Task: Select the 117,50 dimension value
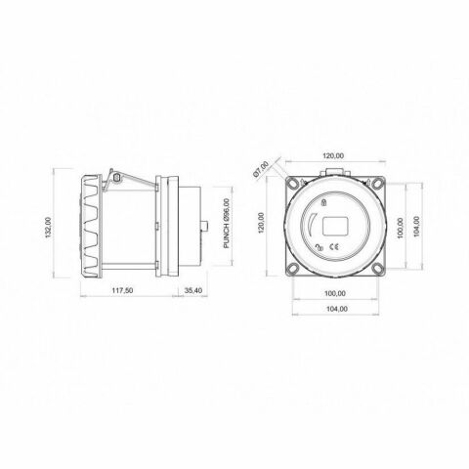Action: (122, 290)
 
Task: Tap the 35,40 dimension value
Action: (193, 290)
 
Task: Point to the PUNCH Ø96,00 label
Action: (227, 224)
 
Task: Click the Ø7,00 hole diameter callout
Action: (261, 169)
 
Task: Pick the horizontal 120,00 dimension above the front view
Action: (333, 156)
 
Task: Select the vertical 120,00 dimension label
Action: (261, 223)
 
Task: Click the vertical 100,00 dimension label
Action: (400, 228)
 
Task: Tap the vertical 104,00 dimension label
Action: (417, 226)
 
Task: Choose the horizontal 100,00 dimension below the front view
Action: (335, 293)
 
